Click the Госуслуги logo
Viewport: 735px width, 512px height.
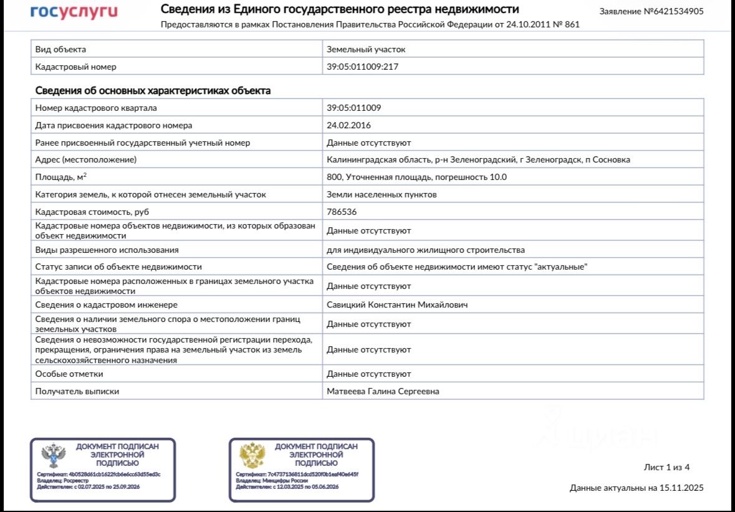point(74,12)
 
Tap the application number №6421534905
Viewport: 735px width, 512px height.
point(651,12)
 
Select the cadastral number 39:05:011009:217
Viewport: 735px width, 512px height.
point(362,67)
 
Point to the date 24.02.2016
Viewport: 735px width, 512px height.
point(348,125)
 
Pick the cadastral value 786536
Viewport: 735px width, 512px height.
point(342,212)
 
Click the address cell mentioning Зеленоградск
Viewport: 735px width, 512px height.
point(478,160)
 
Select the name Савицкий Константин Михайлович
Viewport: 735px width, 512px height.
point(397,305)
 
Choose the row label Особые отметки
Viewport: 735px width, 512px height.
point(69,374)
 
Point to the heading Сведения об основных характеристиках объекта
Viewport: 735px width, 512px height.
point(153,91)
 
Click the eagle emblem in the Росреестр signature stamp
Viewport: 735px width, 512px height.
point(54,456)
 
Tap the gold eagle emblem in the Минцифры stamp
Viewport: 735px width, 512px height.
point(252,456)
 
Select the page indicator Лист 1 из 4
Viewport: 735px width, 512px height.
point(666,467)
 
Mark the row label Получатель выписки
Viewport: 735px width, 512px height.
point(77,391)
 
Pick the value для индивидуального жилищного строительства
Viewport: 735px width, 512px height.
point(425,250)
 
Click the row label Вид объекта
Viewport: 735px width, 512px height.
point(60,49)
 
